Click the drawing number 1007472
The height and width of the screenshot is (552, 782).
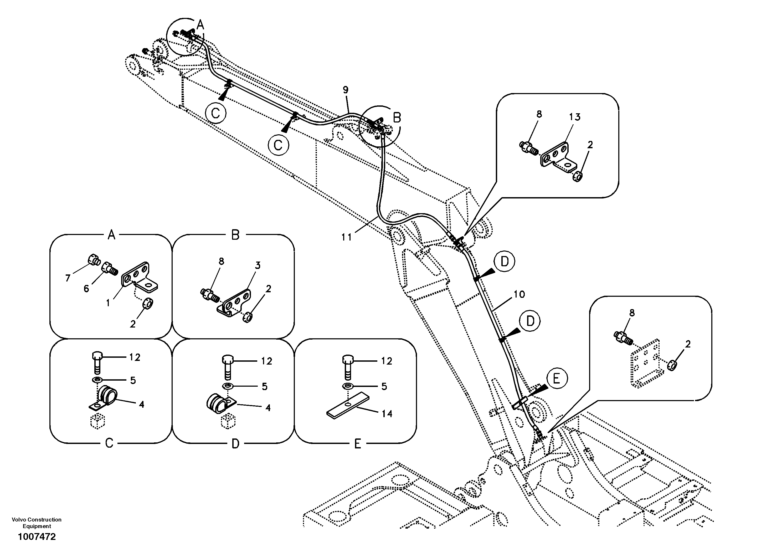[37, 537]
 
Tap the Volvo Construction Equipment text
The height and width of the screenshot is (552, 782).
[37, 523]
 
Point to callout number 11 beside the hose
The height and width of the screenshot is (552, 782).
[346, 237]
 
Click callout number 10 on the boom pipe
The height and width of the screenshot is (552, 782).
[519, 294]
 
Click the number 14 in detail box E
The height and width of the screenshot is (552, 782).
[387, 414]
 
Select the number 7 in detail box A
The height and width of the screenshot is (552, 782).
[68, 278]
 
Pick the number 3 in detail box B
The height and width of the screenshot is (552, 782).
[258, 265]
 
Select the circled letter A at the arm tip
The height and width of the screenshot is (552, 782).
[200, 25]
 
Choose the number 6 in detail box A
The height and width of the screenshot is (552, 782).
[86, 289]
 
